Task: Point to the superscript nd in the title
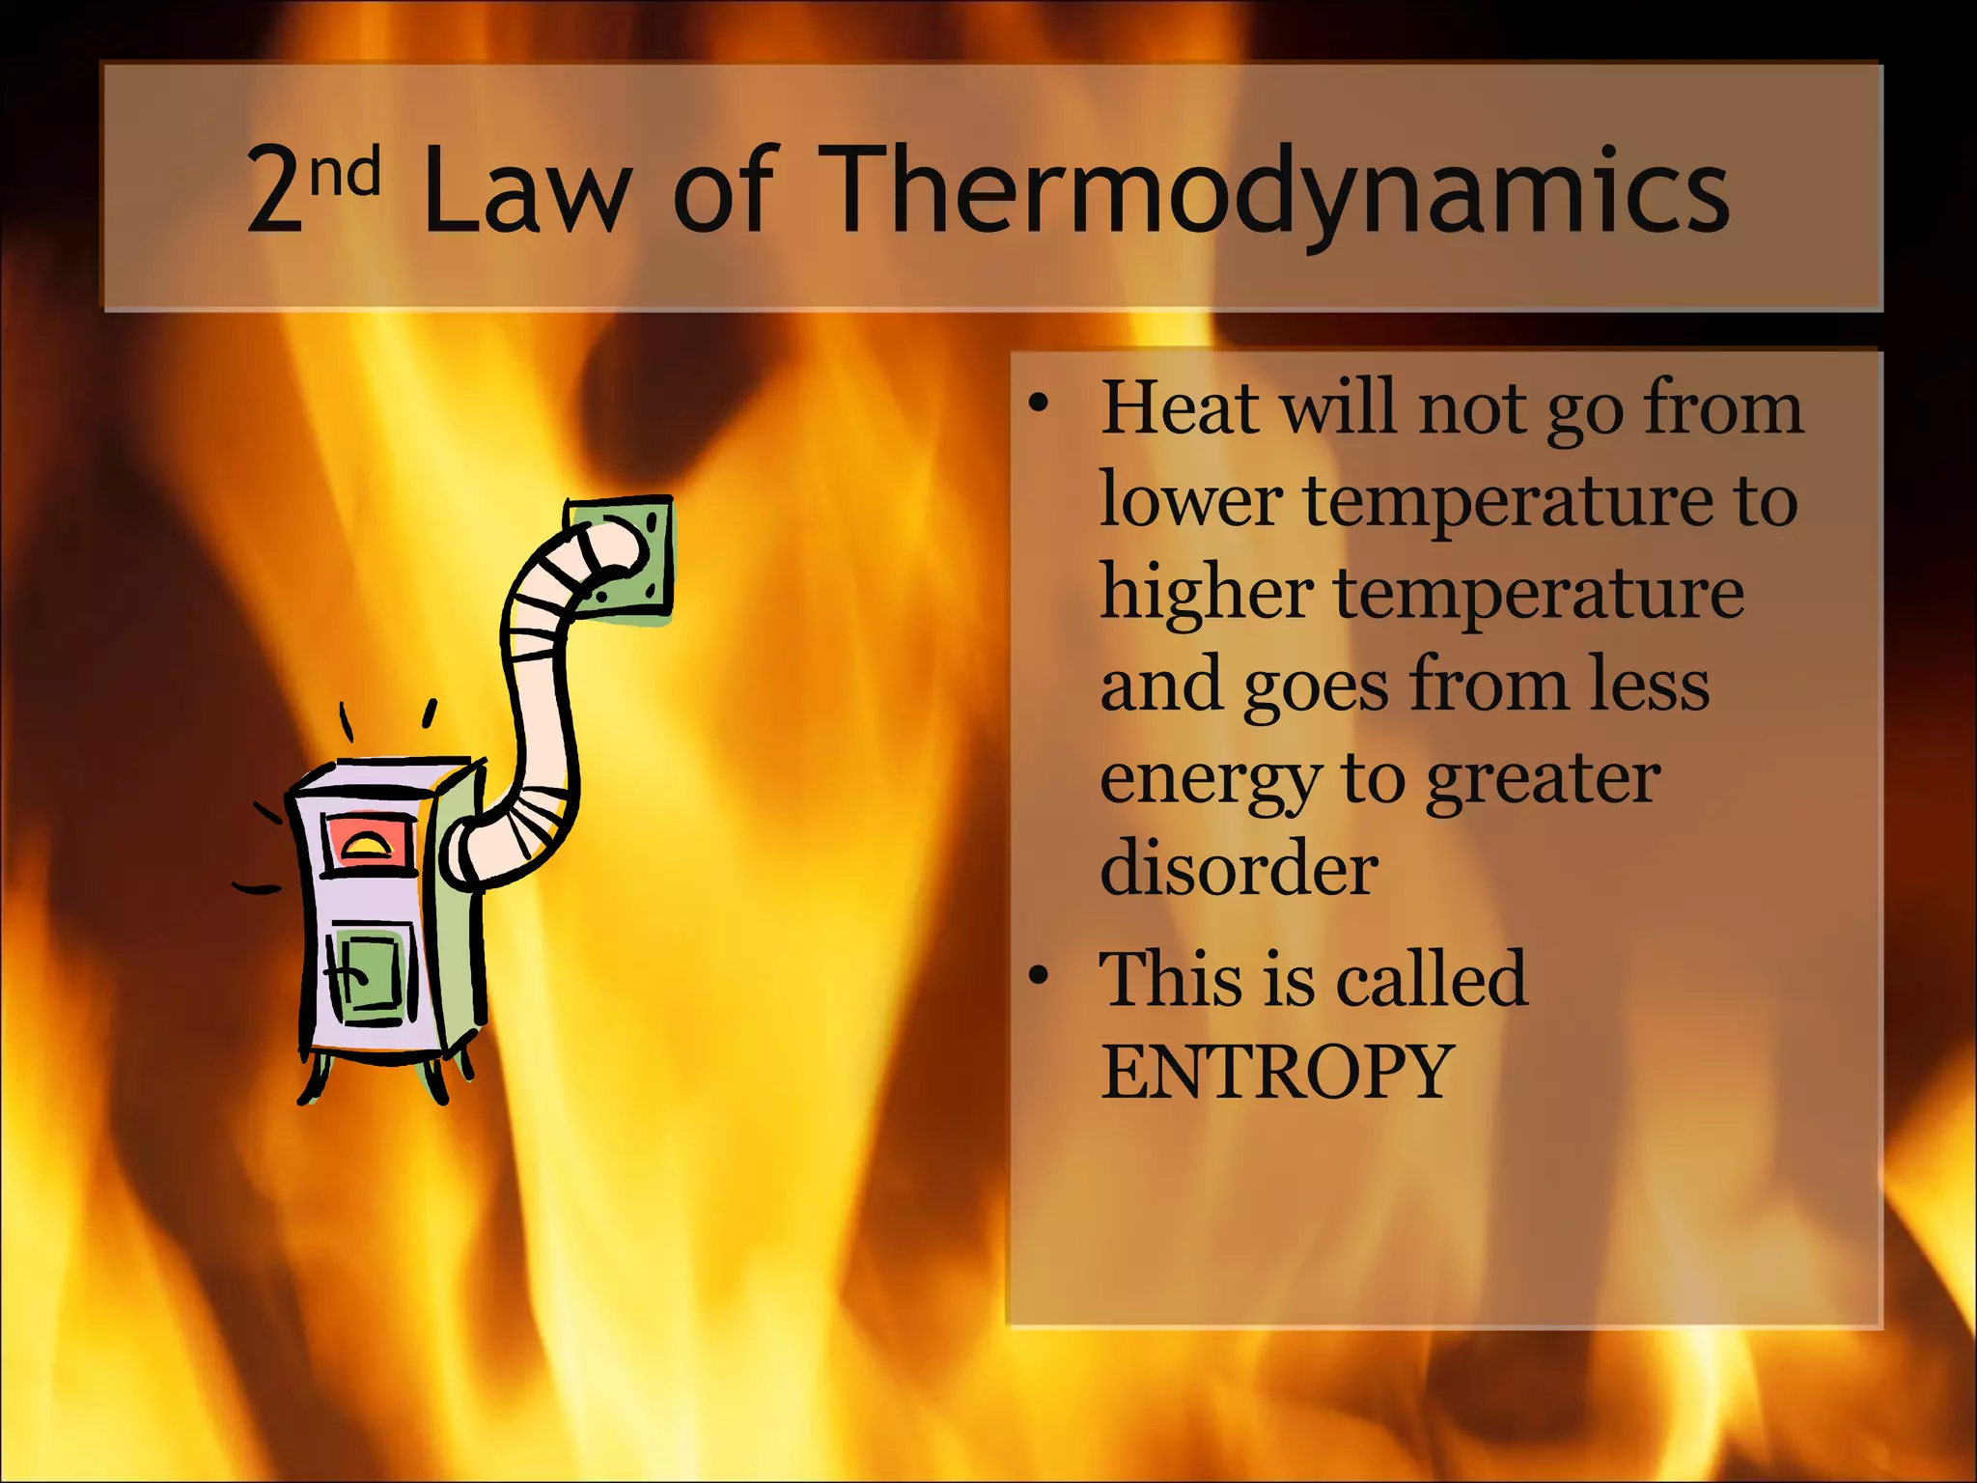click(345, 172)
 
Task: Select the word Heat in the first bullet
click(1180, 407)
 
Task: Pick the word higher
click(1207, 593)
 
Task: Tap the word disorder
click(1239, 867)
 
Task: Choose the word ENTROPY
click(1276, 1072)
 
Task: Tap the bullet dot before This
click(1039, 976)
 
